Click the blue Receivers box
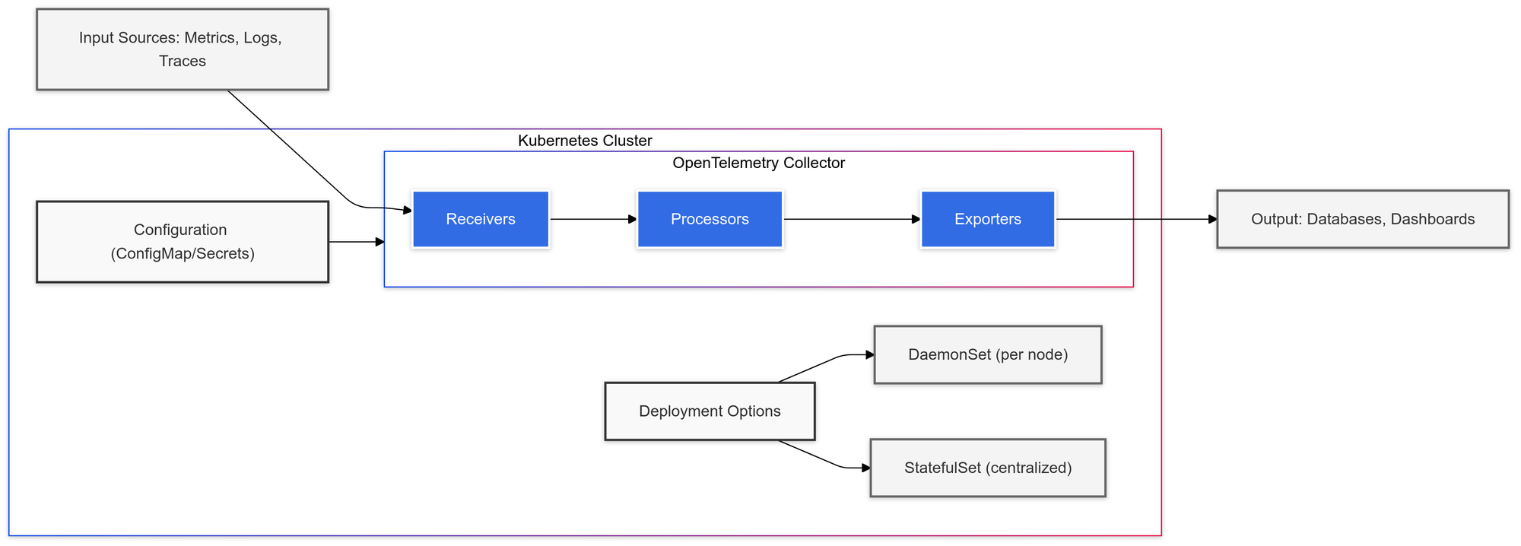coord(480,219)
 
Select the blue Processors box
coord(710,219)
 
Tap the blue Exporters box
coord(987,219)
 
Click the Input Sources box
coord(183,49)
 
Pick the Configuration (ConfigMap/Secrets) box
coord(183,242)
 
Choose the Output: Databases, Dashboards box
coord(1362,219)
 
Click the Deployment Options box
coord(710,411)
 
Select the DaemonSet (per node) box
coord(987,355)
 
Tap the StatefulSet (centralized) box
coord(987,468)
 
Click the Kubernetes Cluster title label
coord(585,141)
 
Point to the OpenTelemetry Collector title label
coord(758,163)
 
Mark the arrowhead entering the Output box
coord(1212,219)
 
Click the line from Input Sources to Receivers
coord(289,146)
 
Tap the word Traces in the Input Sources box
coord(183,61)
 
